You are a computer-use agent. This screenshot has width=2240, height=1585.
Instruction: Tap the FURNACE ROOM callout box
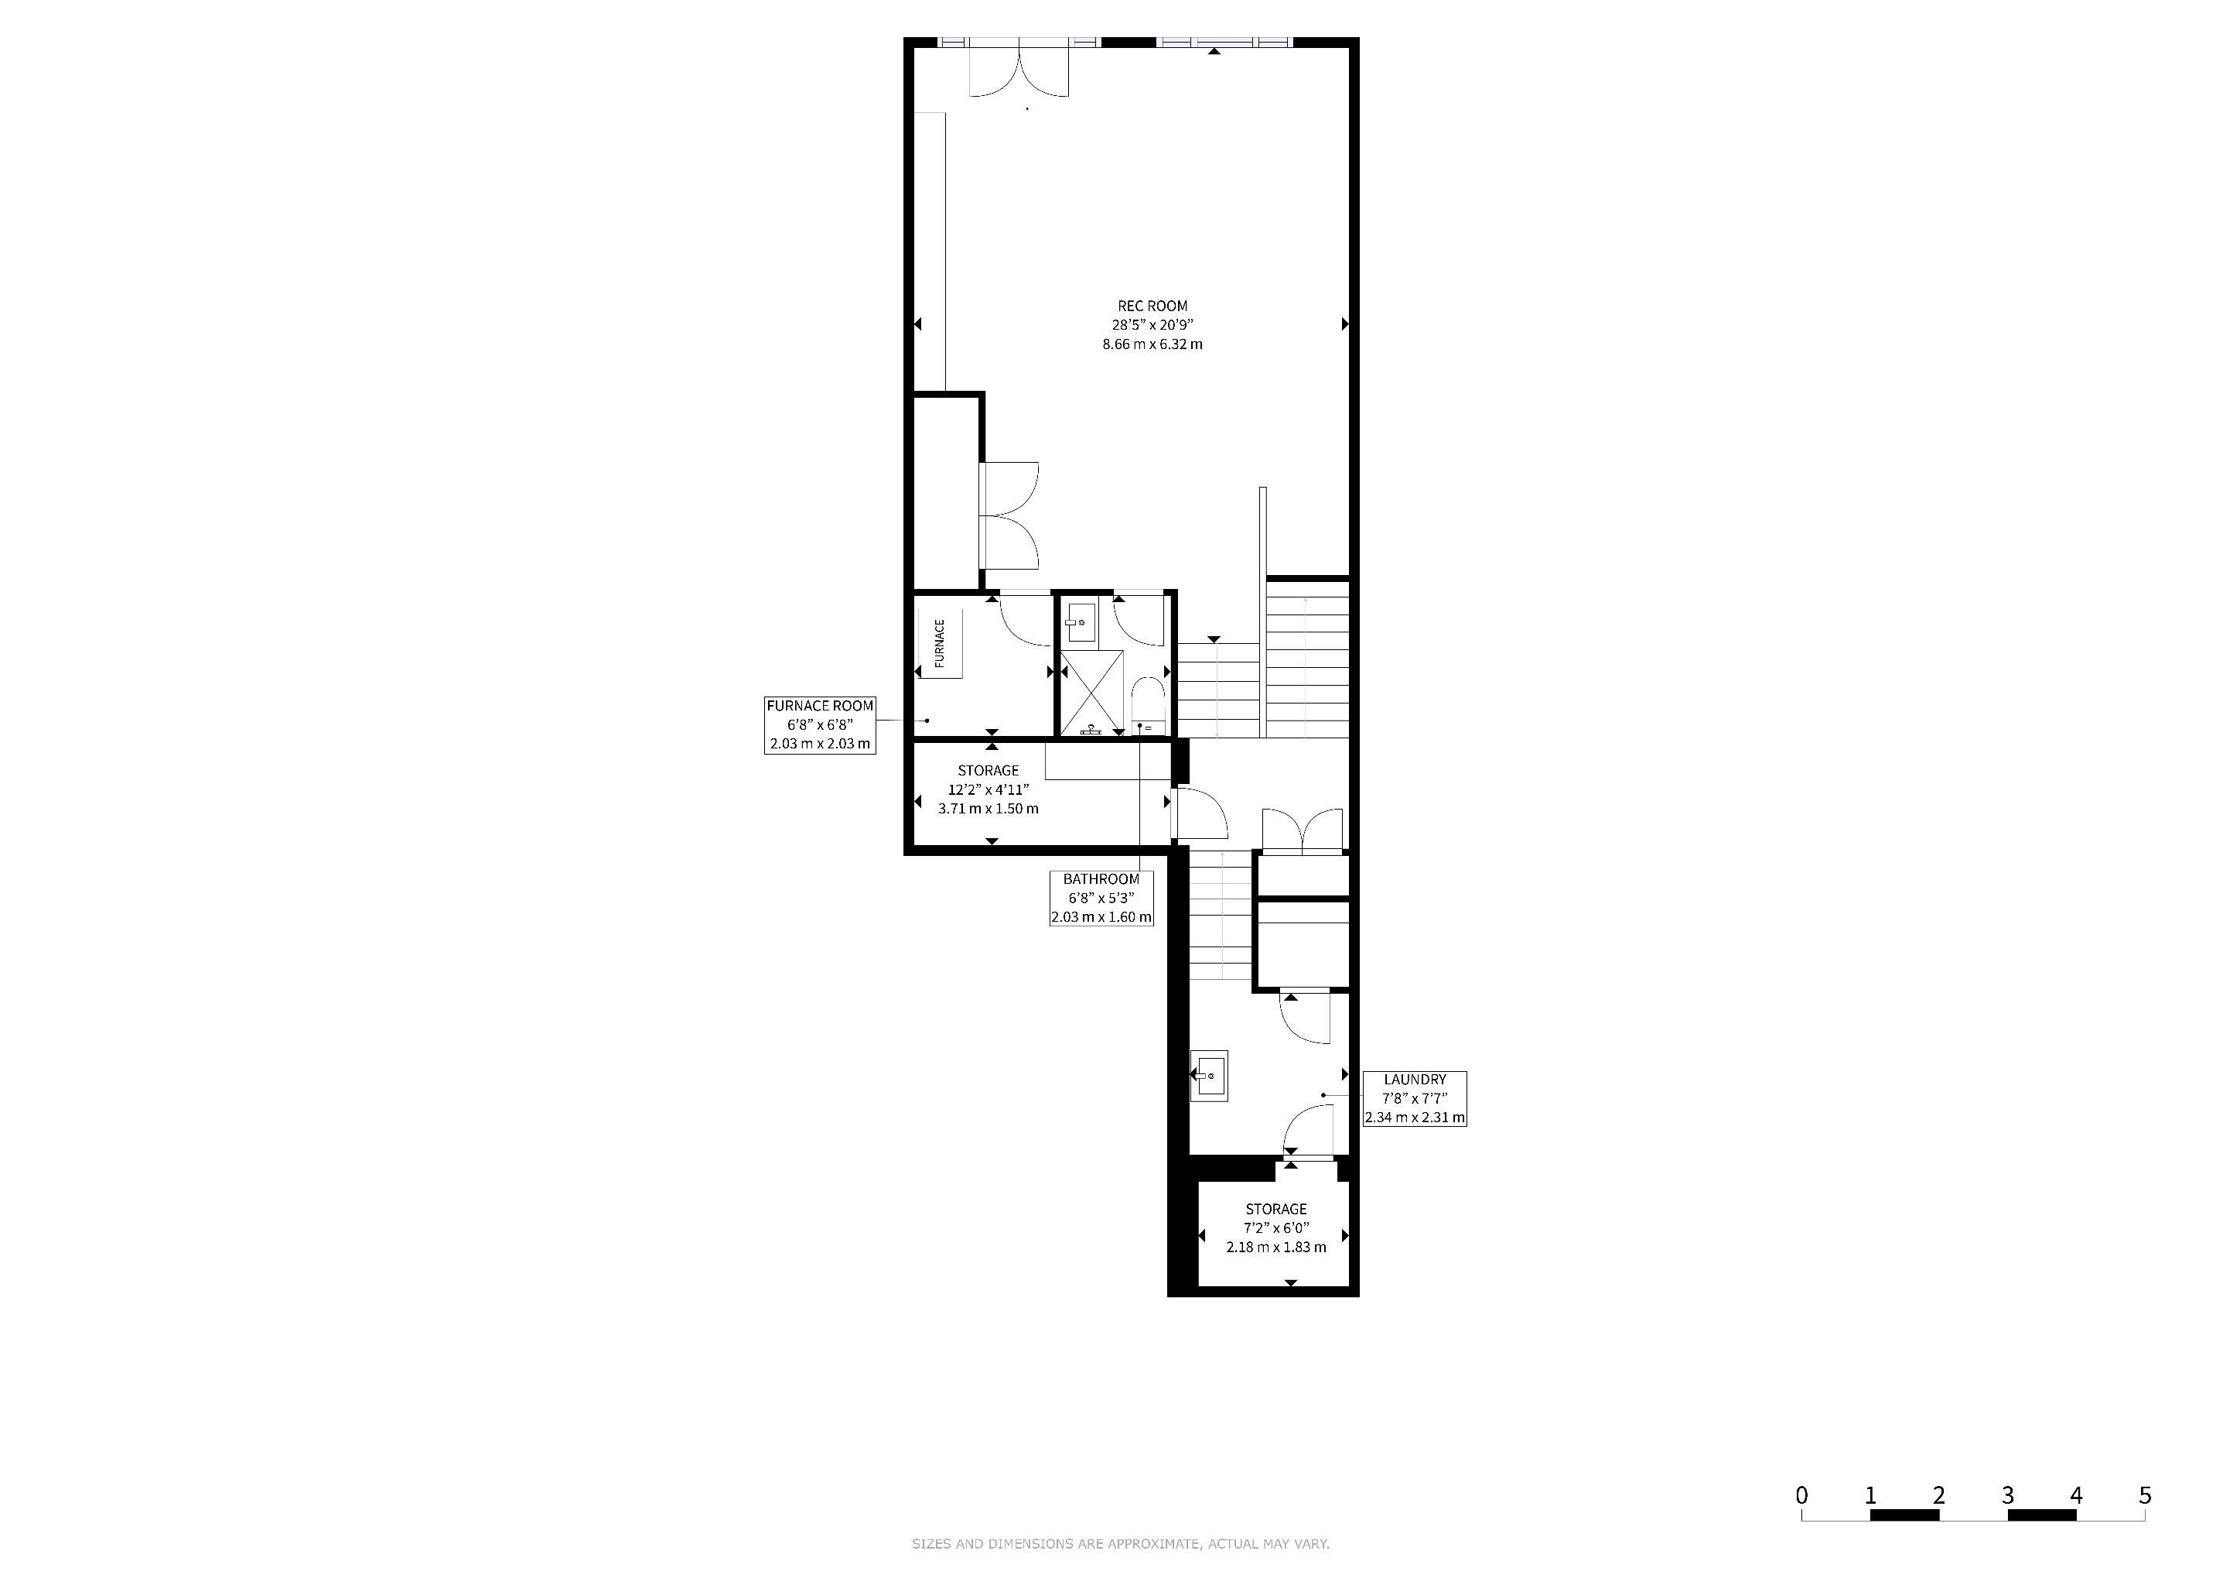tap(820, 724)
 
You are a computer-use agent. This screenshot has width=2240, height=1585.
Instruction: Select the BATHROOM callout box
tap(1101, 898)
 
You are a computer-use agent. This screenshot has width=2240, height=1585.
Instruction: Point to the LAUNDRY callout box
tap(1415, 1098)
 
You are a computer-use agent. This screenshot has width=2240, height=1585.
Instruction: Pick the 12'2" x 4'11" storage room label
tap(989, 789)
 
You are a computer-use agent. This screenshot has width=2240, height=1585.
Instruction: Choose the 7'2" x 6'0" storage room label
tap(1276, 1227)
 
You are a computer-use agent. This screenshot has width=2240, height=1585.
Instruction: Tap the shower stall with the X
tap(1091, 691)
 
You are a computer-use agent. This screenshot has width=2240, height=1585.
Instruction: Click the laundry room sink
tap(1210, 1076)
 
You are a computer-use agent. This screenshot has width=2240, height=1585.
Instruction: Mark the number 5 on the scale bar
tap(2144, 1495)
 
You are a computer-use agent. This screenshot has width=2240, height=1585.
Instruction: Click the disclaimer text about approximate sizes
tap(1120, 1544)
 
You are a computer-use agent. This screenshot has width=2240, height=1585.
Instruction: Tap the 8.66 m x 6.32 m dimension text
tap(1152, 344)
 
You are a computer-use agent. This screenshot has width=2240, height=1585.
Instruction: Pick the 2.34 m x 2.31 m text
tap(1415, 1118)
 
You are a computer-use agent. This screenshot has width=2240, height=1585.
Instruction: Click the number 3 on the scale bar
tap(2007, 1495)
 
